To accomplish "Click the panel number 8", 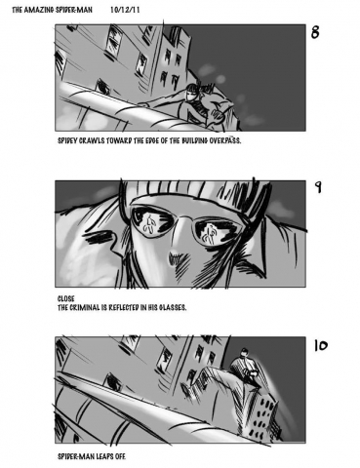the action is (x=315, y=32).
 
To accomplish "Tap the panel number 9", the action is (x=318, y=186).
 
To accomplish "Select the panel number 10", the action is (x=321, y=345).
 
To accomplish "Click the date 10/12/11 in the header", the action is (x=125, y=10).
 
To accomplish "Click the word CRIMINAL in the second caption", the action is (x=85, y=307).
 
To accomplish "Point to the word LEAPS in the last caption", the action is (x=104, y=456).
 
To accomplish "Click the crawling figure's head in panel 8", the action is (x=191, y=92).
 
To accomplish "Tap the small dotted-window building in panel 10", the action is (x=264, y=411).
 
